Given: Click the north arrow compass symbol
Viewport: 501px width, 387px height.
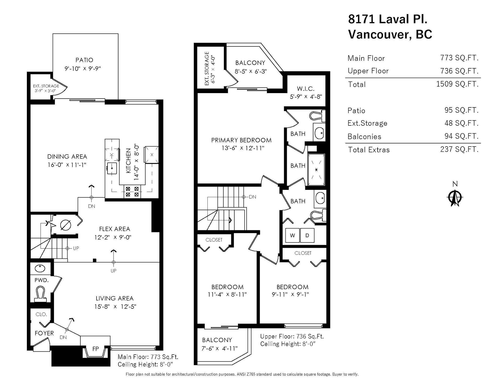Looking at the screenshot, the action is point(455,198).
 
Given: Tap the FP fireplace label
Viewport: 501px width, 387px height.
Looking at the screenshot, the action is point(96,349).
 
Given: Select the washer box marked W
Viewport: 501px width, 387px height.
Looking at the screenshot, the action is point(292,235).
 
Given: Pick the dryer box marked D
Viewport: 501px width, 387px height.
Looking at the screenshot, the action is point(307,235).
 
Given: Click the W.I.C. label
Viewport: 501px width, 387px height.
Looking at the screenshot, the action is point(306,89).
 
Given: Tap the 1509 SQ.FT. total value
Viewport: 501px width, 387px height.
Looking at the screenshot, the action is point(457,84).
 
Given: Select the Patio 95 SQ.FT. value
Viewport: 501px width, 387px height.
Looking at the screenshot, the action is point(461,110).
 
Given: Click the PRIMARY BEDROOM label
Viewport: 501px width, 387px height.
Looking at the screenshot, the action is point(241,140).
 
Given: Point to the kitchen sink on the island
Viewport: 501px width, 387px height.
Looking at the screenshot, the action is point(112,168).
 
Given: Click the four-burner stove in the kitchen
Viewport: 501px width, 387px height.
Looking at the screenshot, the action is point(132,192).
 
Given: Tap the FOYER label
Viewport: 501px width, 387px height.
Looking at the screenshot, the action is point(44,333).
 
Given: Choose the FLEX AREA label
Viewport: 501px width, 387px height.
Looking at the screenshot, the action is point(115,229).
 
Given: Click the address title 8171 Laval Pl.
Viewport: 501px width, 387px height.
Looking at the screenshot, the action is point(388,19).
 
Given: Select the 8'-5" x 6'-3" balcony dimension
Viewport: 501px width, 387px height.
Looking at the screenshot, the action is point(250,71).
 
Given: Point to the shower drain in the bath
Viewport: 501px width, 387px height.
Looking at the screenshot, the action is point(316,170).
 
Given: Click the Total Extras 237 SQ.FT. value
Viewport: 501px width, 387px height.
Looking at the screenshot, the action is point(459,149).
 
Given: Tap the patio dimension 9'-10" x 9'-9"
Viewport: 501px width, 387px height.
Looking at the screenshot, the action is point(83,69).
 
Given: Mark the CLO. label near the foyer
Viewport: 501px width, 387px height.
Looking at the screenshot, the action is point(41,314).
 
